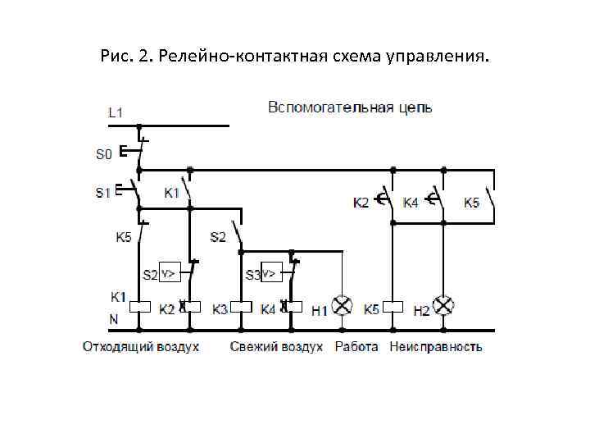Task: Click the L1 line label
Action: pos(116,112)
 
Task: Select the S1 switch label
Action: pos(102,194)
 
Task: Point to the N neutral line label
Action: pos(115,318)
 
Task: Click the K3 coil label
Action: pos(220,309)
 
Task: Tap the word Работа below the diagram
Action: pos(356,347)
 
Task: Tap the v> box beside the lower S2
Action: pos(169,272)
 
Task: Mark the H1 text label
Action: pos(319,310)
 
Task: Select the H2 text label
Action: pos(421,310)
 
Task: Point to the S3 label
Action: pos(252,273)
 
